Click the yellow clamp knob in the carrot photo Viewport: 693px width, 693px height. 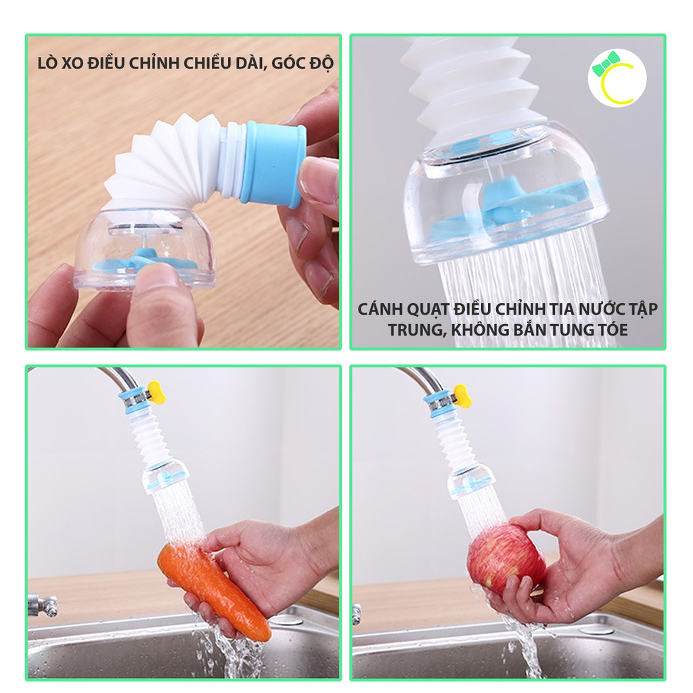[156, 390]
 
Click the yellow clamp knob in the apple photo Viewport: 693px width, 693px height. [462, 395]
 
